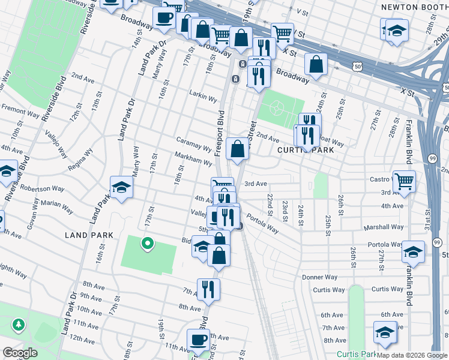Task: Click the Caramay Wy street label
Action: [x=193, y=143]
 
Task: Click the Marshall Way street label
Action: [x=387, y=227]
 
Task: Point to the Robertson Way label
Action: [x=40, y=188]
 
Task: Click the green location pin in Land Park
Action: [x=146, y=244]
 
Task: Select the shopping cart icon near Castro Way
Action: [x=404, y=179]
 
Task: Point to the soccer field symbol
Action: [x=277, y=108]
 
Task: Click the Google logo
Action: [x=20, y=353]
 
